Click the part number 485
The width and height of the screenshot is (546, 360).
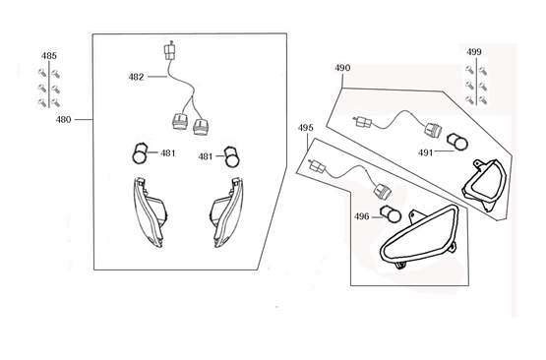(48, 57)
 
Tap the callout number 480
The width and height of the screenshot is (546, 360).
(64, 119)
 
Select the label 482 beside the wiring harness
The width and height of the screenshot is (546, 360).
(136, 77)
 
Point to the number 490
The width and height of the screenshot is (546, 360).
(342, 69)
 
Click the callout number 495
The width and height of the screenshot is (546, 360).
(306, 128)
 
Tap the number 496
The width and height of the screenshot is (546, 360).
(361, 217)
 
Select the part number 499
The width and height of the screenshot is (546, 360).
(474, 52)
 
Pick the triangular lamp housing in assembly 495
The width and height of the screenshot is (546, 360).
(413, 240)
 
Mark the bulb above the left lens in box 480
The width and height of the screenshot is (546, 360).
(141, 153)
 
